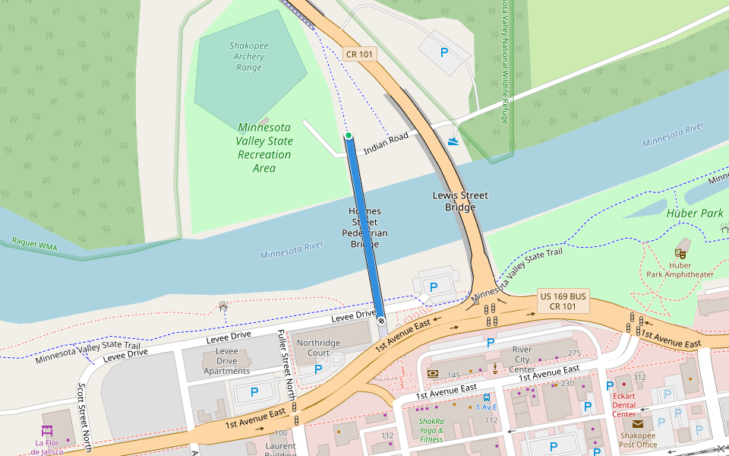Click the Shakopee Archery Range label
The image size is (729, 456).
(249, 56)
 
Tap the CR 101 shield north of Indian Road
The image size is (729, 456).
(359, 54)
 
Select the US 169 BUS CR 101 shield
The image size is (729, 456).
(563, 301)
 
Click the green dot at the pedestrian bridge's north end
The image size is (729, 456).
(349, 135)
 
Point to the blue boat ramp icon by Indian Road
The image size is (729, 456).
(453, 140)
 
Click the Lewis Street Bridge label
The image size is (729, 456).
(460, 201)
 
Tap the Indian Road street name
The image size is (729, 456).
(386, 144)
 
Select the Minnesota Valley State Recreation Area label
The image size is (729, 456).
(264, 147)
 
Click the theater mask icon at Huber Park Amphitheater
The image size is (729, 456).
(680, 252)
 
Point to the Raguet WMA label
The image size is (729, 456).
(35, 245)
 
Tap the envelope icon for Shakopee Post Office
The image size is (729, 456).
(637, 424)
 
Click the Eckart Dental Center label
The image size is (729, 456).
(624, 405)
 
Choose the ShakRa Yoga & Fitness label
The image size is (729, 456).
(431, 430)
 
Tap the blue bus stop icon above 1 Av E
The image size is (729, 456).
(486, 397)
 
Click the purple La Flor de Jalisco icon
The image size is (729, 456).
(47, 431)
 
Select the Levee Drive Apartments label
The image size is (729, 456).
(226, 361)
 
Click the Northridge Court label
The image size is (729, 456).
(318, 348)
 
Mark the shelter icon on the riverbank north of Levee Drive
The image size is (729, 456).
(222, 306)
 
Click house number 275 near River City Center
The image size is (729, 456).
(573, 353)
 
